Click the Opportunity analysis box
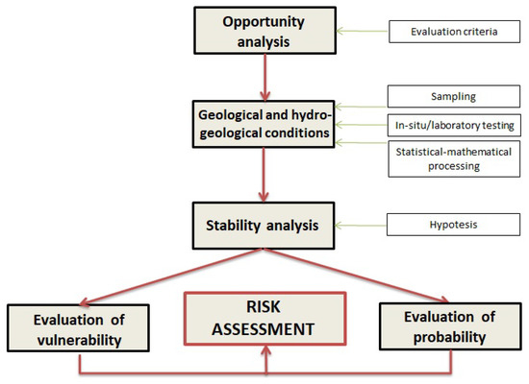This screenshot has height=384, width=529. click(x=264, y=31)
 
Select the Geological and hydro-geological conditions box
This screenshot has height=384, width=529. click(x=264, y=124)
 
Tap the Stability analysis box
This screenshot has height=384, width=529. click(x=264, y=226)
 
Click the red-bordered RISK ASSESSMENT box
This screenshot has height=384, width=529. click(x=265, y=319)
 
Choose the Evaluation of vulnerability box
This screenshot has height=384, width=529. click(x=78, y=328)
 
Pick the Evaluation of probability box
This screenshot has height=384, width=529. click(x=450, y=326)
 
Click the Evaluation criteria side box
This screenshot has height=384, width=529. click(x=454, y=32)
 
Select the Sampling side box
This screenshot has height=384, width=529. click(x=454, y=96)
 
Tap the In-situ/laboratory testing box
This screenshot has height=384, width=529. click(x=454, y=126)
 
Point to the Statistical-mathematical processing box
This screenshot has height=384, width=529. click(x=454, y=159)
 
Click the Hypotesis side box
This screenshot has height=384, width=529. click(x=453, y=225)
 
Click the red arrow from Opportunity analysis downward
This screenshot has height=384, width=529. click(x=265, y=78)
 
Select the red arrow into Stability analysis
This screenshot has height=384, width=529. click(x=264, y=175)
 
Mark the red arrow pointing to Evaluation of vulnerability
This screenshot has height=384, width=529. click(x=171, y=277)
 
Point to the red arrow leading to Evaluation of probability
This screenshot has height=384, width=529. click(x=356, y=276)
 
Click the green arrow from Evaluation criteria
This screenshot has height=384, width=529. click(x=363, y=31)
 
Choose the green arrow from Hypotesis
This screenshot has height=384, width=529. click(x=361, y=226)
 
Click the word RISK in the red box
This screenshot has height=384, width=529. click(x=264, y=307)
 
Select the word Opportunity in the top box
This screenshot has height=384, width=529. click(x=264, y=22)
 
